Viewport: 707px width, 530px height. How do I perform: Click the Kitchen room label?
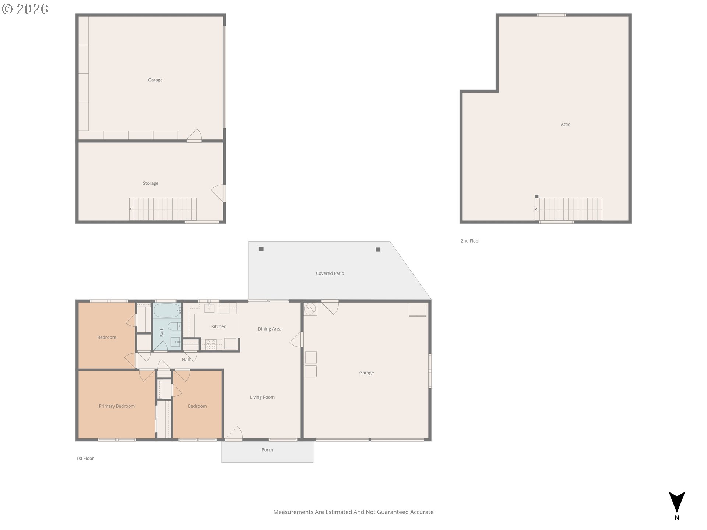[x=219, y=326]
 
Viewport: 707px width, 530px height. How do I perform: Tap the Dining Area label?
[x=270, y=329]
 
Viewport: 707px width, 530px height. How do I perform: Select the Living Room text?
[x=262, y=397]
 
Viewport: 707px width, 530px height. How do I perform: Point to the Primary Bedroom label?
[x=117, y=406]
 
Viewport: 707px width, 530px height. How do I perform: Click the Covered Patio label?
[x=330, y=273]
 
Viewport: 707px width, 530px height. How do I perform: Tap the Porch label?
[x=267, y=450]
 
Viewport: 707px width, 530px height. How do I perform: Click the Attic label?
[x=565, y=124]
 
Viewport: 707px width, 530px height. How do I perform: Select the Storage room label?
[x=151, y=183]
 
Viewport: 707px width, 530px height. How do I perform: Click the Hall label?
[x=186, y=360]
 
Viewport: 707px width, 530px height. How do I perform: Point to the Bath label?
[x=162, y=332]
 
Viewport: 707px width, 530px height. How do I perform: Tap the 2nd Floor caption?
[x=470, y=241]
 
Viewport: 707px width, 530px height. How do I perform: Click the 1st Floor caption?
[x=85, y=458]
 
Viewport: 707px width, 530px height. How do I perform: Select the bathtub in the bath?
[x=167, y=311]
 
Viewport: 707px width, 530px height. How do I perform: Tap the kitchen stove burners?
[x=211, y=344]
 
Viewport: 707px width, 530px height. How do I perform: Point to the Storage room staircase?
[x=163, y=209]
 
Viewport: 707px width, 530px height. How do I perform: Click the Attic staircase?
[x=568, y=209]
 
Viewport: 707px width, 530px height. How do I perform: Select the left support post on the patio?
[x=261, y=249]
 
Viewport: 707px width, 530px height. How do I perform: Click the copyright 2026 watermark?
[x=25, y=9]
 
